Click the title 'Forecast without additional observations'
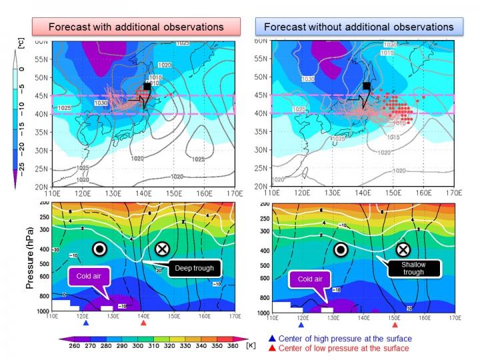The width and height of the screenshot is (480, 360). point(359,28)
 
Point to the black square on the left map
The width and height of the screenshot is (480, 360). point(147,87)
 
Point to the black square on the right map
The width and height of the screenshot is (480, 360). point(366,86)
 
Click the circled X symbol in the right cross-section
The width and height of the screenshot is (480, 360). point(402,249)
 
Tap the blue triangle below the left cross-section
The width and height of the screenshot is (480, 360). point(86,323)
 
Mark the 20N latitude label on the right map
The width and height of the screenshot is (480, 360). point(261,187)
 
